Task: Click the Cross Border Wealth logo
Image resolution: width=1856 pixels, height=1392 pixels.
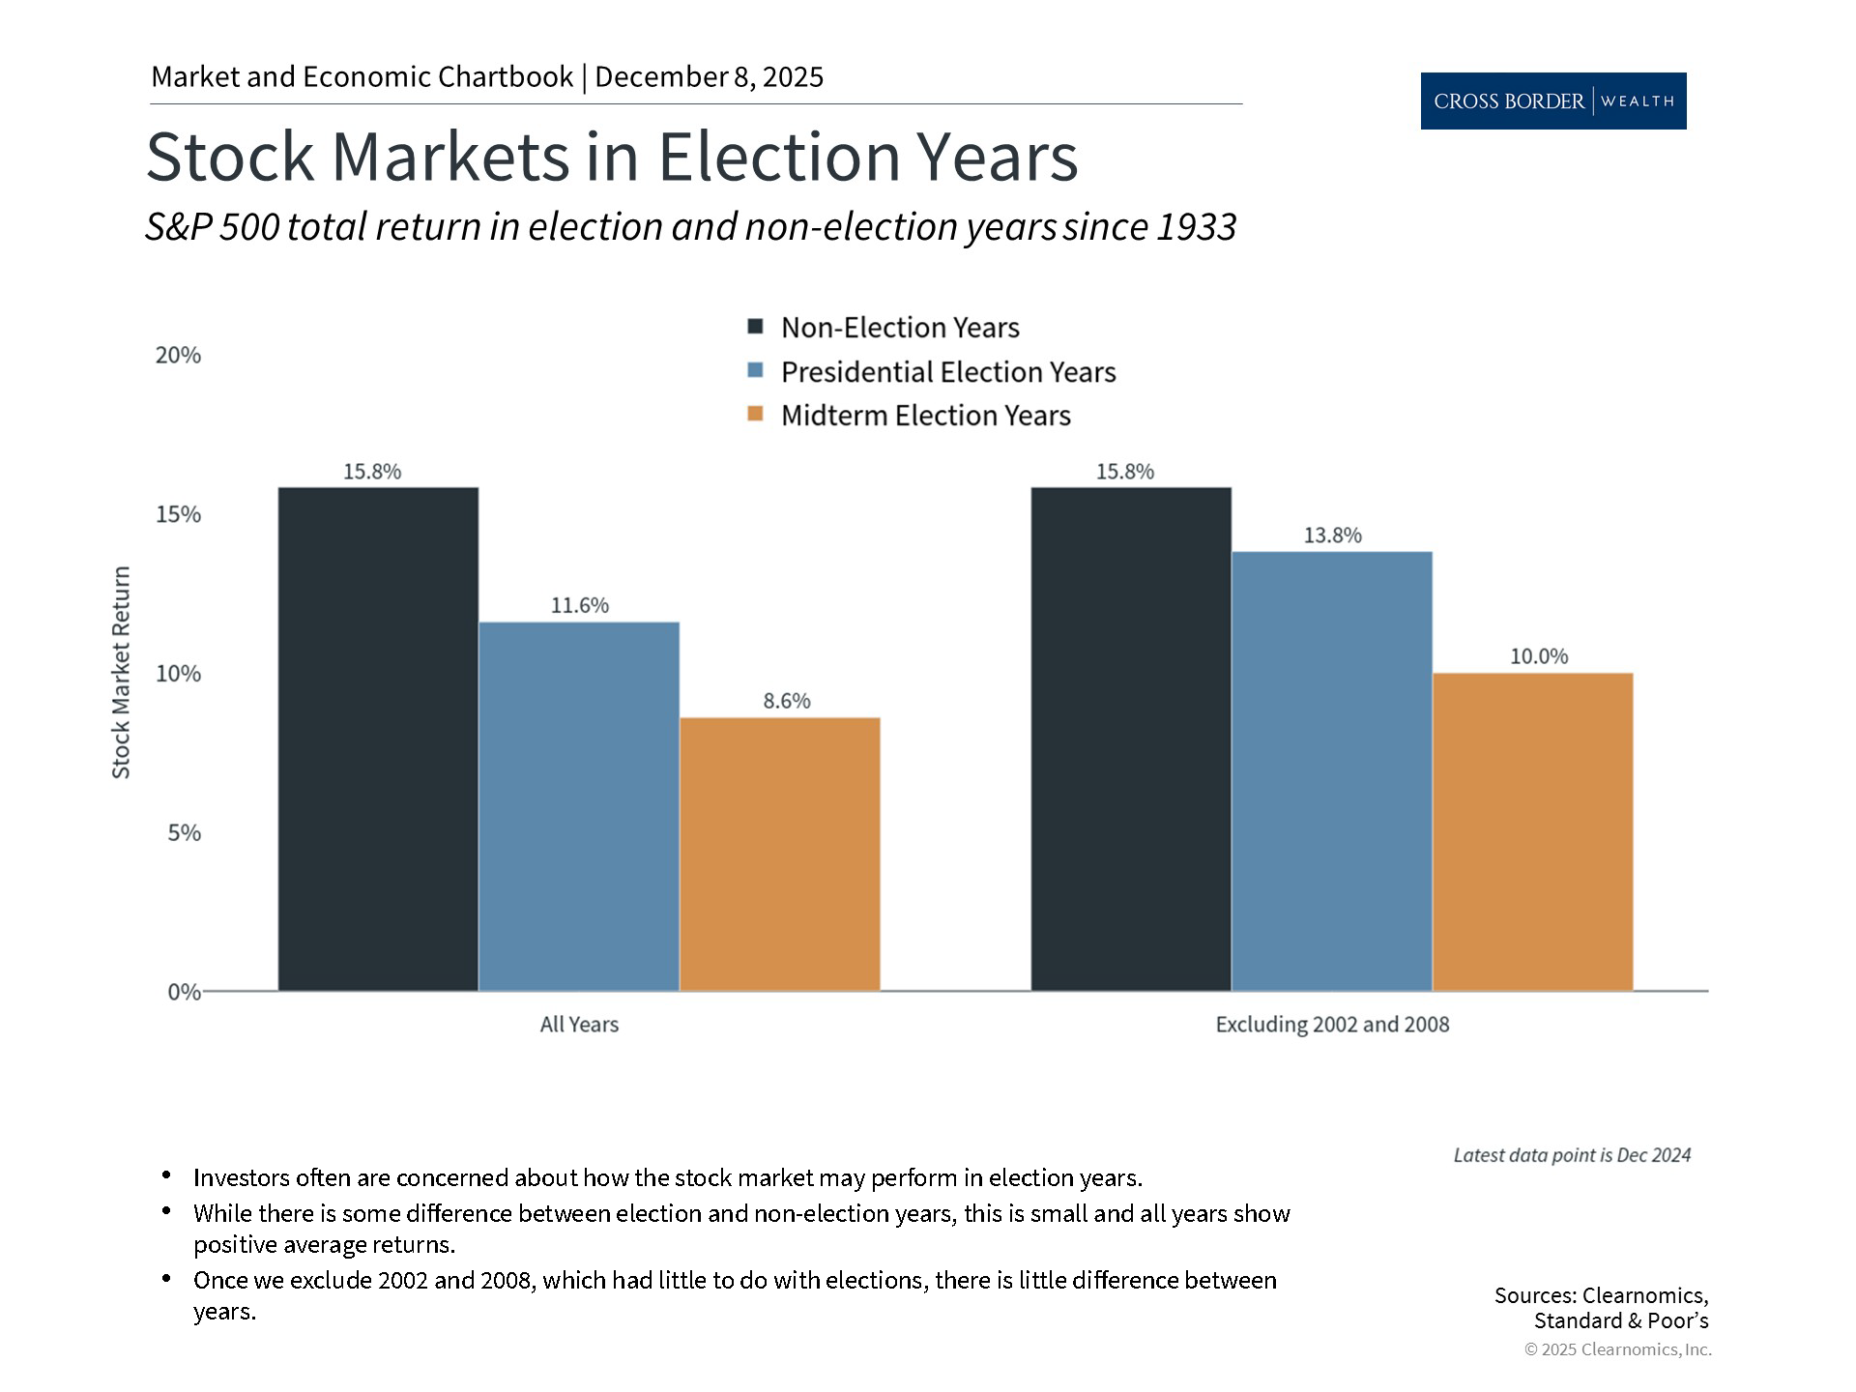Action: click(x=1552, y=101)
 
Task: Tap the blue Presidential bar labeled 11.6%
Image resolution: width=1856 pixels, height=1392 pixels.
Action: click(x=579, y=806)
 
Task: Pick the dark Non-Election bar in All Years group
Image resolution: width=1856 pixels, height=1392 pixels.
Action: click(x=378, y=739)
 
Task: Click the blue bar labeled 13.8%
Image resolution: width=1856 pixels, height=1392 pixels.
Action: click(x=1331, y=770)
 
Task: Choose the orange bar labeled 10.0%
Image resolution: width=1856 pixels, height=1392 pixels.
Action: click(x=1532, y=831)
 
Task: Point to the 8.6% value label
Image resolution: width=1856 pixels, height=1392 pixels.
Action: click(x=786, y=701)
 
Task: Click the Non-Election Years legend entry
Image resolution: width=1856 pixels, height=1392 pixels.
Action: click(x=899, y=328)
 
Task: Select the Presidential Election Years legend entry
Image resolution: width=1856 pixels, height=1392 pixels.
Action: click(x=947, y=372)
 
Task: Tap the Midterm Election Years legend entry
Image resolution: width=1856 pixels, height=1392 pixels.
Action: click(x=925, y=416)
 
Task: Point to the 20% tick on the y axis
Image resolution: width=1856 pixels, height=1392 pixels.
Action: click(x=178, y=356)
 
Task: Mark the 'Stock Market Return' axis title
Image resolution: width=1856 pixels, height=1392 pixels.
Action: click(x=121, y=673)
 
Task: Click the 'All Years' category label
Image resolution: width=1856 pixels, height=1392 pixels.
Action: click(x=579, y=1025)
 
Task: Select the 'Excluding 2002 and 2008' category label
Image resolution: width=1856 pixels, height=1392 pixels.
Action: click(x=1332, y=1025)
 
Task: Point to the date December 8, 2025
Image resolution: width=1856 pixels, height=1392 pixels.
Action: click(x=709, y=77)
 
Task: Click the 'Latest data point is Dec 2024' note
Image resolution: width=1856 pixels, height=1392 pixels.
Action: click(x=1572, y=1155)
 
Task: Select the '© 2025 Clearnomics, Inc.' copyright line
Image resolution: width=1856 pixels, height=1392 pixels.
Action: click(x=1617, y=1349)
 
